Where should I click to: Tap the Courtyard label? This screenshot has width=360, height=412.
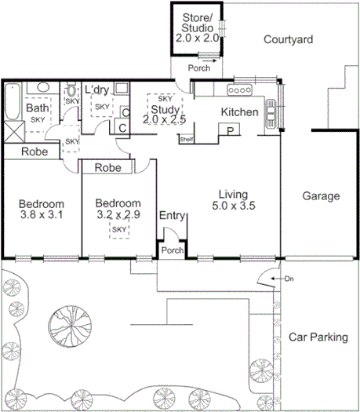288,39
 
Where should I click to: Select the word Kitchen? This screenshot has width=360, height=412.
239,112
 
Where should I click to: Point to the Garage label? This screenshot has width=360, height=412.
322,196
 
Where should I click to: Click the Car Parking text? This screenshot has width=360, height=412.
318,337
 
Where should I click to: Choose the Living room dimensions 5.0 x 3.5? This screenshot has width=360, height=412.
233,206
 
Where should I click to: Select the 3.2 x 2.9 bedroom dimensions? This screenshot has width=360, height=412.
118,213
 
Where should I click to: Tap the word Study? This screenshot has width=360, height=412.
165,109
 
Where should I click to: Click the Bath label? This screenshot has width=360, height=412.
37,108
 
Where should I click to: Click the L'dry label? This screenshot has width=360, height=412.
97,89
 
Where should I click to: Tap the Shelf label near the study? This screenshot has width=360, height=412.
186,140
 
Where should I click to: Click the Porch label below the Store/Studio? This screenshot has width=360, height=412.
198,67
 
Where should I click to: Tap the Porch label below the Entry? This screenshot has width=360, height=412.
172,250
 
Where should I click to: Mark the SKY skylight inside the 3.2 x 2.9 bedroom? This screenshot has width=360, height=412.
119,229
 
